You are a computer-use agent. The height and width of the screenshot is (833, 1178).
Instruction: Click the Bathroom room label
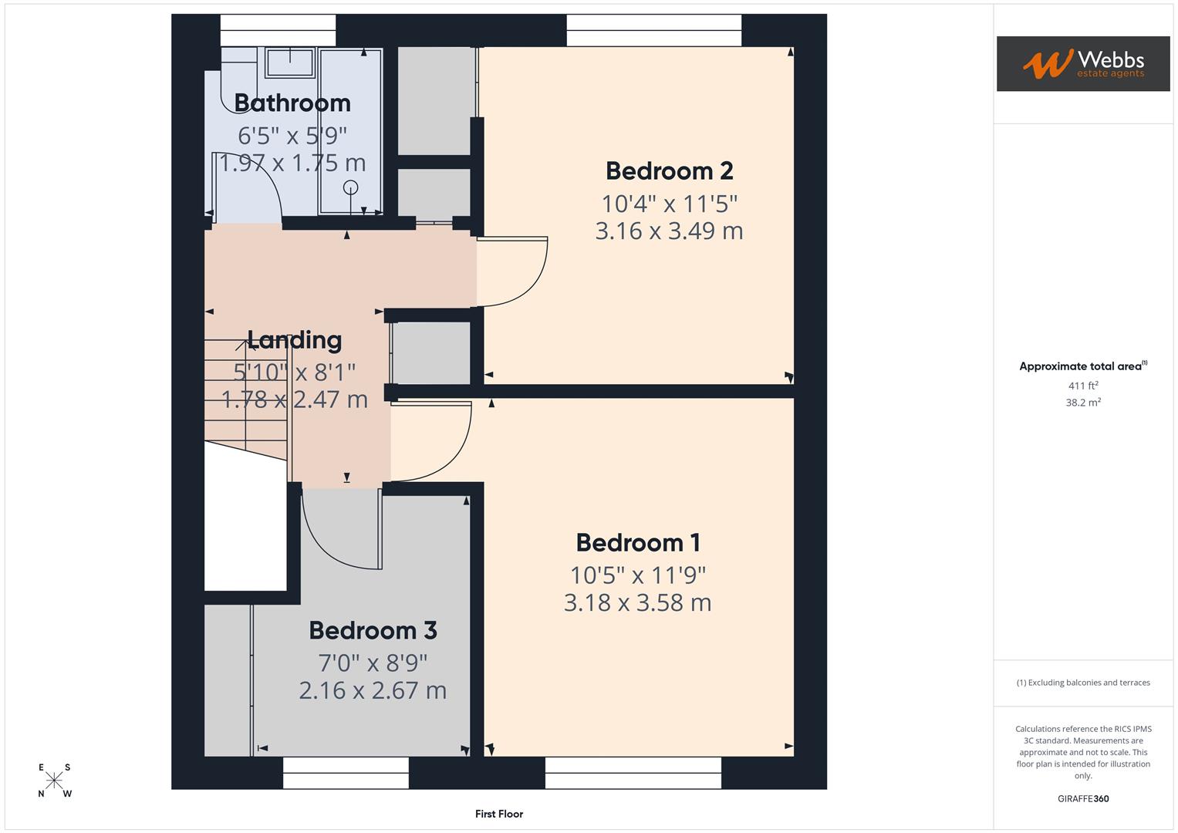coord(292,103)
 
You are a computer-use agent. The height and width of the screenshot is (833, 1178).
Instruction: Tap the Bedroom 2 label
coord(669,170)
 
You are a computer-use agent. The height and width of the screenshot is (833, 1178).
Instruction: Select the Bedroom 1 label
coord(638,542)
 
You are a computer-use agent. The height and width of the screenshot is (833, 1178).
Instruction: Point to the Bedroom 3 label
coord(373,630)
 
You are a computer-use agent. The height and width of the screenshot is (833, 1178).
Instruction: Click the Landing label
coord(294,339)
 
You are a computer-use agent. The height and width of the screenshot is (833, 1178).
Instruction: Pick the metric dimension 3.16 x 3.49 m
coord(669,231)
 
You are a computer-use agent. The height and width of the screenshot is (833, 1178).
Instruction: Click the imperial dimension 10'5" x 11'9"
coord(638,575)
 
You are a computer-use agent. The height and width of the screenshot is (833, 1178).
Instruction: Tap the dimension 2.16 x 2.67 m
coord(373,690)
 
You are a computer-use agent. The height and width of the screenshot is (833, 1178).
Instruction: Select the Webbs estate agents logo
coord(1082,64)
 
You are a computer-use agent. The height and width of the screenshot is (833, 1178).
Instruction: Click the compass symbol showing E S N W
coord(55,780)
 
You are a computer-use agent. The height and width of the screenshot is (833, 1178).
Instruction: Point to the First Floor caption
coord(499,814)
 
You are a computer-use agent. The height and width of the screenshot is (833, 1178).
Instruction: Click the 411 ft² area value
coord(1082,386)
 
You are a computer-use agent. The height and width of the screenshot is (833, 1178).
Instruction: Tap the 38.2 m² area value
coord(1082,402)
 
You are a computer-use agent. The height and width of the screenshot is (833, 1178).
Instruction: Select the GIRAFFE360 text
coord(1082,798)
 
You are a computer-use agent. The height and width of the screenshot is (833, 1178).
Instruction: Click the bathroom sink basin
coord(290,62)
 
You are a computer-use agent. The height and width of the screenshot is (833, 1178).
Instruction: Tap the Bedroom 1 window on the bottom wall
coord(633,773)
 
